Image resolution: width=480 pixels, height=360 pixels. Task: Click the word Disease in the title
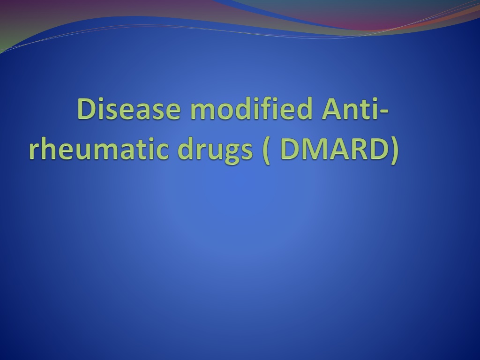click(129, 109)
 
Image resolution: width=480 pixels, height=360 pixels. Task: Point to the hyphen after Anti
click(384, 112)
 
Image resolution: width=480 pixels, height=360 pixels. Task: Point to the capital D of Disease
click(88, 109)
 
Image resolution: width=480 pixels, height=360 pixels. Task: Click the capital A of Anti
click(332, 109)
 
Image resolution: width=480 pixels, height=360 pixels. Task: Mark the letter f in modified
click(271, 108)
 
